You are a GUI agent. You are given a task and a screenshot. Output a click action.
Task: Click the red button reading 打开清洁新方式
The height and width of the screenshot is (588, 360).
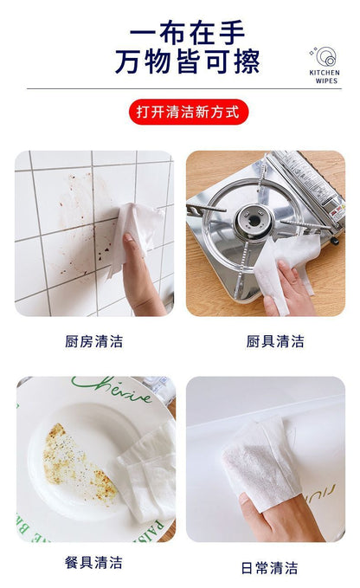(189, 112)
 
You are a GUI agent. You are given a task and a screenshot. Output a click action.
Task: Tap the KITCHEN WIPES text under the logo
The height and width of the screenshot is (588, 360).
(325, 76)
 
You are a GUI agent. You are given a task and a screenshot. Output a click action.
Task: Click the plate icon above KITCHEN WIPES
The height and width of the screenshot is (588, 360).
(325, 57)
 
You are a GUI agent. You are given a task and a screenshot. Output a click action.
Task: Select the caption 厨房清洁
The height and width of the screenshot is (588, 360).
(93, 341)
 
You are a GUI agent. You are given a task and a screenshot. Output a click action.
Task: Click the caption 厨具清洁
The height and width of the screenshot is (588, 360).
(275, 341)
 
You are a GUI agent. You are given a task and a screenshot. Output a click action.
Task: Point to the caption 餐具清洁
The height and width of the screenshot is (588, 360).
(93, 563)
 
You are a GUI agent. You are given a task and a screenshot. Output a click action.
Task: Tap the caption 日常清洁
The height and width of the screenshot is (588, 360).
(269, 568)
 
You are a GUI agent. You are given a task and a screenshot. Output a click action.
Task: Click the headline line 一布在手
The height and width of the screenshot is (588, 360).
(187, 33)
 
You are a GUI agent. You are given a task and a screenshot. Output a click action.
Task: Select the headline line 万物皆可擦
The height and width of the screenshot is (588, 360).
(187, 61)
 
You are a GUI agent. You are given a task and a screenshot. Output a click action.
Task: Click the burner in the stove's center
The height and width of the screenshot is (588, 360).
(254, 220)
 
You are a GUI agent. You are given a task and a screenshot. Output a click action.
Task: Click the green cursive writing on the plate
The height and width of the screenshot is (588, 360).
(112, 389)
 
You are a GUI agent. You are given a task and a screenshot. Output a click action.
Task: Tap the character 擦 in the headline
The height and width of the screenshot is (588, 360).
(247, 61)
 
